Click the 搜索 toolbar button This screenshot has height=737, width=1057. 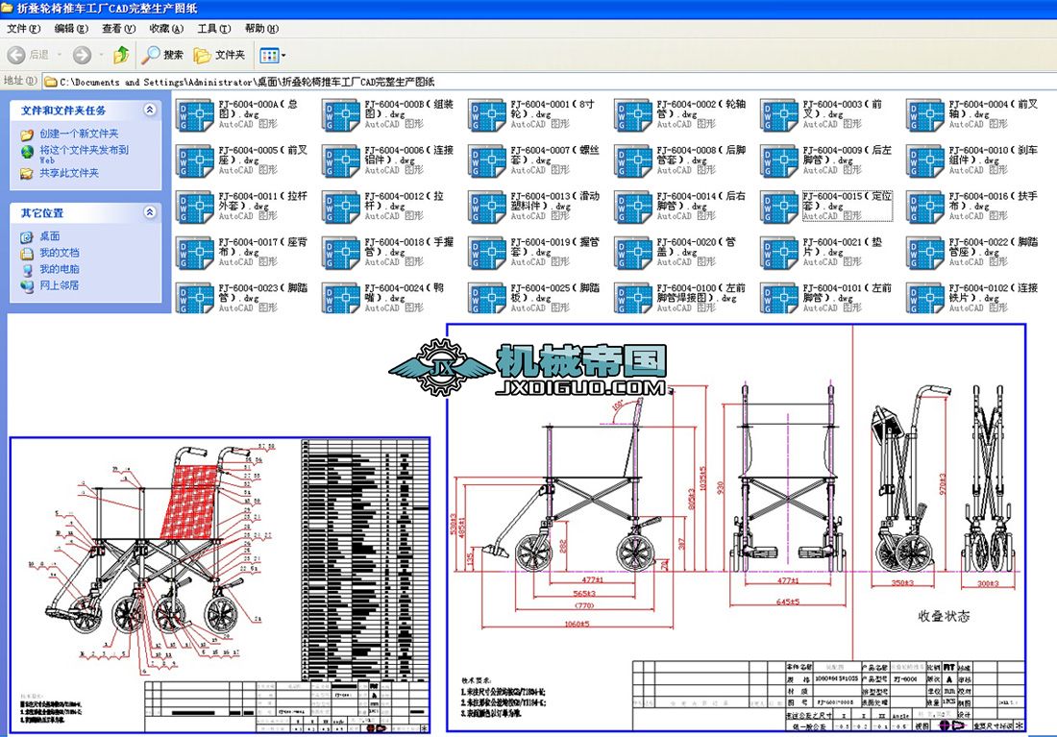coord(163,55)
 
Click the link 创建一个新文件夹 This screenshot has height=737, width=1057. coord(79,134)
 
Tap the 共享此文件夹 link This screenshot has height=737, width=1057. coord(69,173)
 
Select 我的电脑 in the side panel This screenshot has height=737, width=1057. coord(60,269)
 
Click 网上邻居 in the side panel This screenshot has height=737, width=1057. coord(60,285)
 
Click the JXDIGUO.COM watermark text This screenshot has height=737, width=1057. coord(579,389)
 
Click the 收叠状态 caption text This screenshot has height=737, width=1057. coord(944,615)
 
